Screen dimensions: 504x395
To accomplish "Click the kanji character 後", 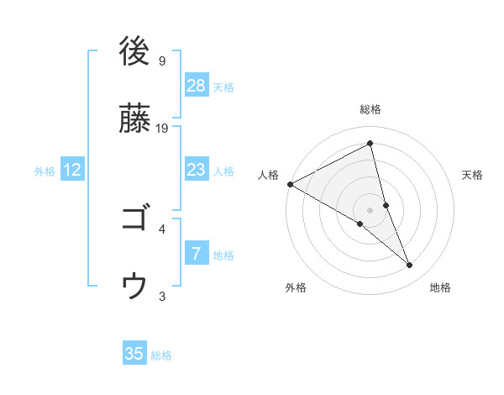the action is tap(134, 52).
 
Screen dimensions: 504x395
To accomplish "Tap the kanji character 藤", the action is tap(134, 118).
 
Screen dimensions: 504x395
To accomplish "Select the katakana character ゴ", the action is tap(134, 219).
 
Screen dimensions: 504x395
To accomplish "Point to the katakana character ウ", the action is tap(134, 287).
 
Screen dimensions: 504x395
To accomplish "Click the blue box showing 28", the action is tap(197, 86).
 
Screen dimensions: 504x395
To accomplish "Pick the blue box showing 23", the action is tap(197, 170).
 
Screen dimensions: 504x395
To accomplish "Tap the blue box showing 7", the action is tap(197, 254).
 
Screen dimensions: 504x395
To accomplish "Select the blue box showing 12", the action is tap(72, 170).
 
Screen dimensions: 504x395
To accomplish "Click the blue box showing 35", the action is tap(134, 354).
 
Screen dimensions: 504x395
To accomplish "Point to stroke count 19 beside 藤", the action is tap(163, 128).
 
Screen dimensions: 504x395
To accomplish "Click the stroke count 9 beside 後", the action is tap(161, 61).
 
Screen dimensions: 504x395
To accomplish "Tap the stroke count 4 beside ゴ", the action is tap(161, 229).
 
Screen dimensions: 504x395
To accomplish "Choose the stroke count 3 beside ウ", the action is tap(161, 296).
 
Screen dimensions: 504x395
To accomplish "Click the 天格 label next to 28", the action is tap(223, 87).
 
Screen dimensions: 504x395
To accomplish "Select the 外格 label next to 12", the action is tap(45, 171).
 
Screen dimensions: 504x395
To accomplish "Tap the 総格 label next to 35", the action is tap(161, 355).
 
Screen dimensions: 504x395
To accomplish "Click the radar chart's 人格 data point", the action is tap(289, 184).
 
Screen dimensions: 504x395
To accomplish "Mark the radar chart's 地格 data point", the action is tap(410, 266).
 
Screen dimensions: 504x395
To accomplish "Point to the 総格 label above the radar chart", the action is tap(370, 109).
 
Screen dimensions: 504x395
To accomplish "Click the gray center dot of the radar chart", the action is tap(370, 209).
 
